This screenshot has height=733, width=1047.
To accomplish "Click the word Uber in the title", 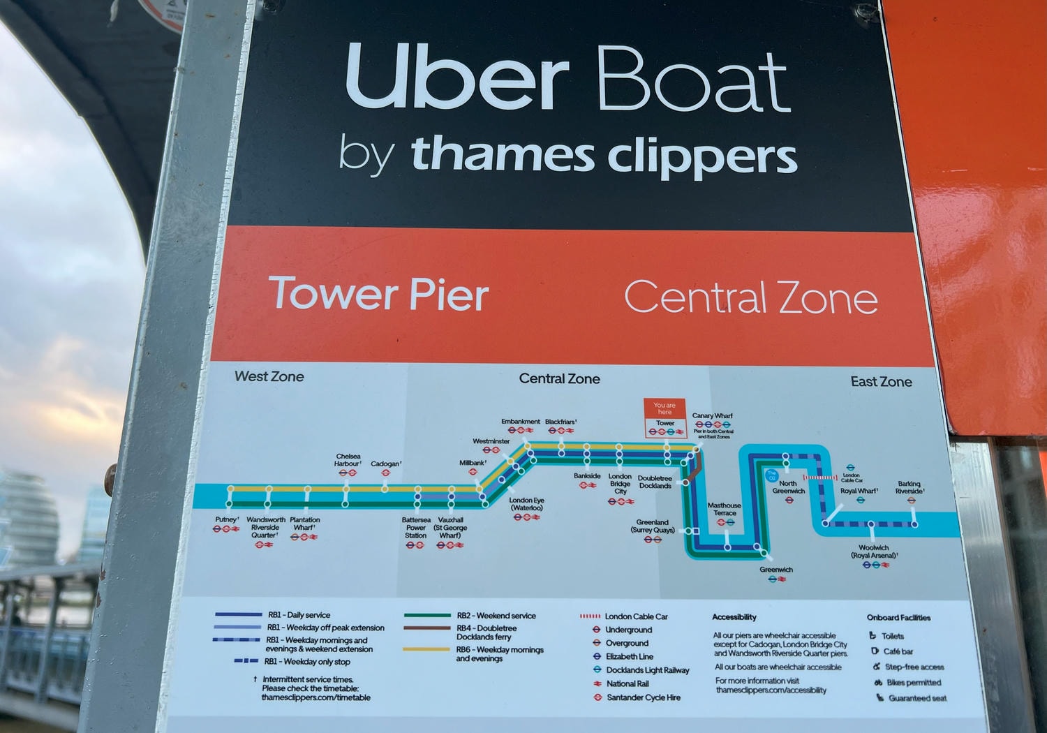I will (457, 78).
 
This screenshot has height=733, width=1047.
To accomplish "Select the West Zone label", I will (269, 376).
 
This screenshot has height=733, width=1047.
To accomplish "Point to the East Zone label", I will (881, 382).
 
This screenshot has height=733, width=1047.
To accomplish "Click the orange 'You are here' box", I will (664, 408).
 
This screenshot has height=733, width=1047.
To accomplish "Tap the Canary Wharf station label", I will (712, 416).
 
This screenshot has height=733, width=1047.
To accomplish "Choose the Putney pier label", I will (226, 520).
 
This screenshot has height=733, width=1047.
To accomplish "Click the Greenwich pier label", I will (776, 570).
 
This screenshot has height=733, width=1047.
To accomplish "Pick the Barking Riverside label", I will (909, 487).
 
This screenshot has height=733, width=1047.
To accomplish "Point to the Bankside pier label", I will (587, 476).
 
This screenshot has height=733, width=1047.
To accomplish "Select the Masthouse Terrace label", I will (724, 509).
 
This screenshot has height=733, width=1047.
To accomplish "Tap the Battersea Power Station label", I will (416, 528).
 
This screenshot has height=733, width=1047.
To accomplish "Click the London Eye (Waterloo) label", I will (526, 504).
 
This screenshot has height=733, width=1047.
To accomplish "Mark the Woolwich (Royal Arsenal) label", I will (874, 551).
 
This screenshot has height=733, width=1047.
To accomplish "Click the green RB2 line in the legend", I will (427, 616).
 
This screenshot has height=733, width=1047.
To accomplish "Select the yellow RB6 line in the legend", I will (427, 650).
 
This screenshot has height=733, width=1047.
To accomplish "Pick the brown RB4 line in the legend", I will (427, 628).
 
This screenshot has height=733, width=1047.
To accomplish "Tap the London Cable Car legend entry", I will (635, 616).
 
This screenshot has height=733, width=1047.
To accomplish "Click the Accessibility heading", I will (734, 617).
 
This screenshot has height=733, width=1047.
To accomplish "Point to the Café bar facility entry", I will (898, 651).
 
